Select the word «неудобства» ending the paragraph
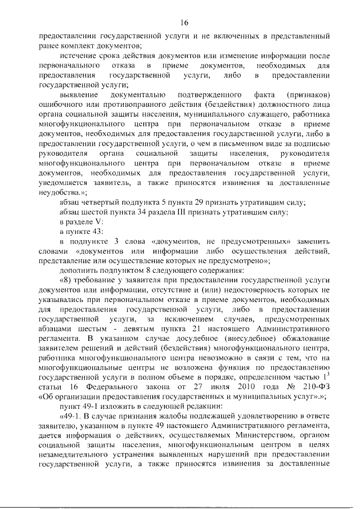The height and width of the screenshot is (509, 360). [x=59, y=191]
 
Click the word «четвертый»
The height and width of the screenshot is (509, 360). [x=100, y=201]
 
